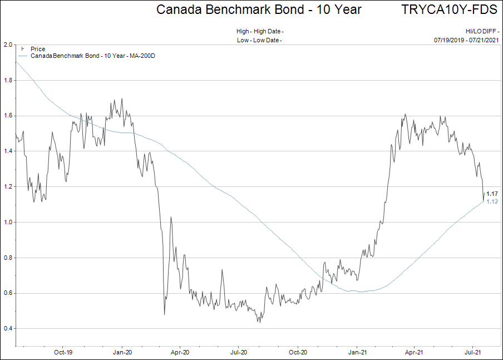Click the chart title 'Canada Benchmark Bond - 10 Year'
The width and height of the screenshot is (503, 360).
coord(258,9)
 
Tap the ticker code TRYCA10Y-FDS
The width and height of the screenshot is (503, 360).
coord(448,9)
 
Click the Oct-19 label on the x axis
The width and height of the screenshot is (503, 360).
coord(63,352)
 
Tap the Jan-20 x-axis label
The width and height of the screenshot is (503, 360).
coord(122,352)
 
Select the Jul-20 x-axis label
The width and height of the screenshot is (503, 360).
coord(239,352)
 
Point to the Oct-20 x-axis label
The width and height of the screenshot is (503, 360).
coord(298,352)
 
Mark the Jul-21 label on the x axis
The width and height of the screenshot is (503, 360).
coord(472,352)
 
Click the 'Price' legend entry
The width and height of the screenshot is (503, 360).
coord(38,49)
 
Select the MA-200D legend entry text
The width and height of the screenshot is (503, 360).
coord(92,56)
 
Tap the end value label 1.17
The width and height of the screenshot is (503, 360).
coord(492,194)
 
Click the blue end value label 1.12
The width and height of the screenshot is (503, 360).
coord(492,201)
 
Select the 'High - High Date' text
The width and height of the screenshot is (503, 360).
coord(259,32)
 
